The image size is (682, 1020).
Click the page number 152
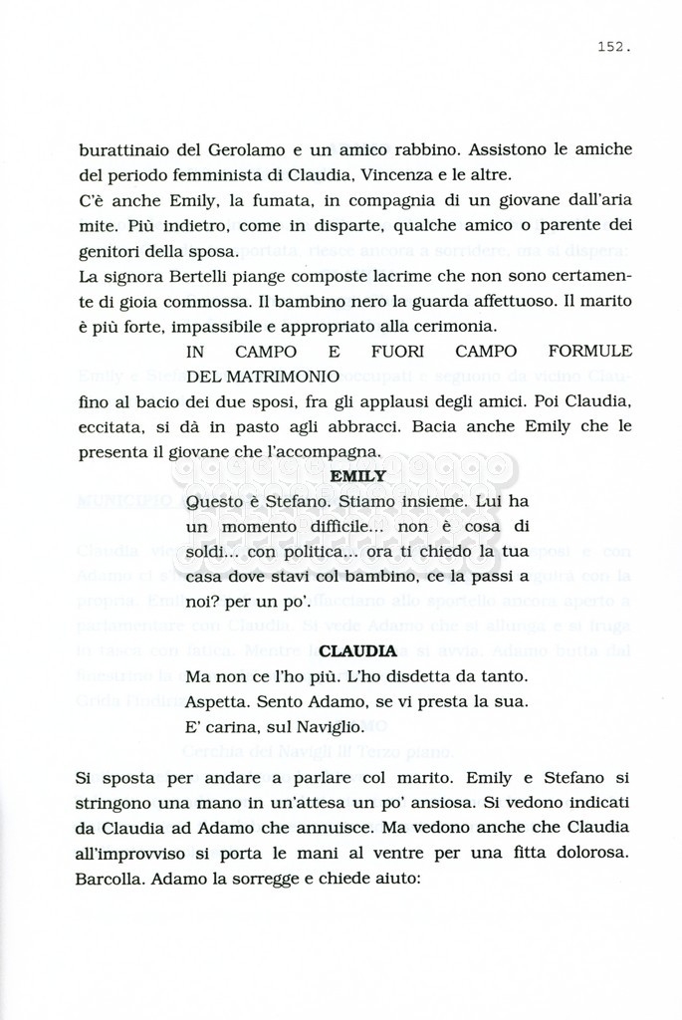coord(614,46)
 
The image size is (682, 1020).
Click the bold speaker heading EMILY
coord(357,476)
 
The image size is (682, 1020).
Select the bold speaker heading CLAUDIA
coord(357,651)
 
